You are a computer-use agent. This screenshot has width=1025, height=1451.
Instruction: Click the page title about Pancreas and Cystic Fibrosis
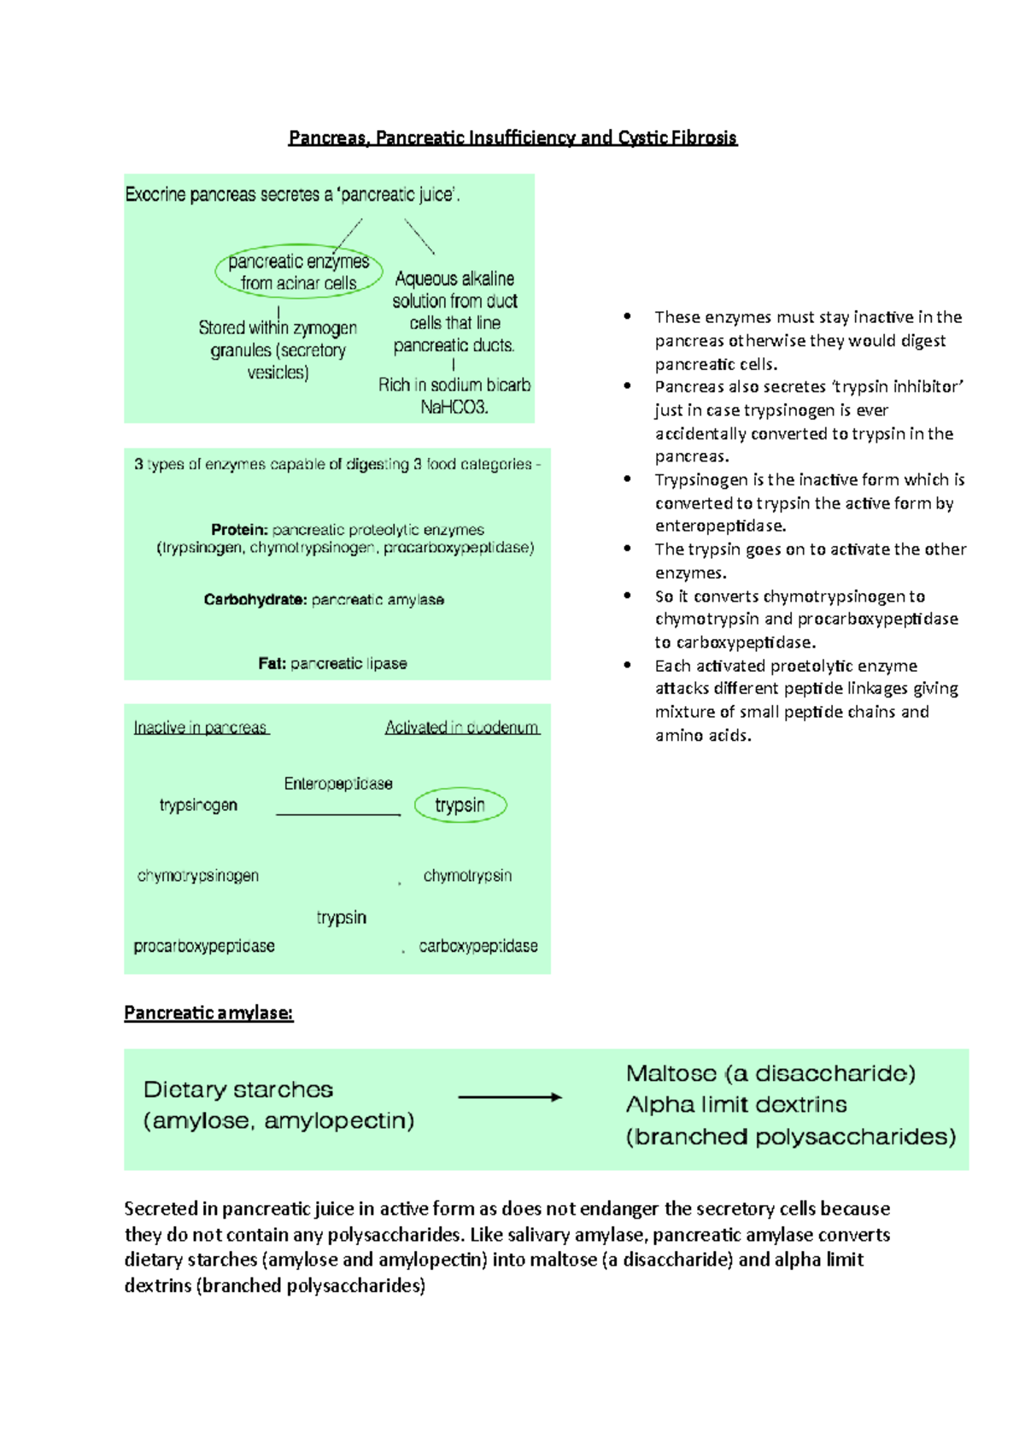pos(512,138)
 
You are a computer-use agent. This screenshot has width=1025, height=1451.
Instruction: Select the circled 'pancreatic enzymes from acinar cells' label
pos(298,272)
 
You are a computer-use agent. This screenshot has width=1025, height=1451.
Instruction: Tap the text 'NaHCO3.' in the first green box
pos(454,408)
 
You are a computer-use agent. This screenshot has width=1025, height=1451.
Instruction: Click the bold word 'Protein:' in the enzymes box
pos(239,530)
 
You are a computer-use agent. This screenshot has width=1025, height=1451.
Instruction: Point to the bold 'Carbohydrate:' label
pos(255,600)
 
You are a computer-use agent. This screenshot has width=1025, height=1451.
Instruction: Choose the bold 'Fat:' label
pos(272,663)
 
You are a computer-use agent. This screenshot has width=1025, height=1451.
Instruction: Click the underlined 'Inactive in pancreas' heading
pos(201,728)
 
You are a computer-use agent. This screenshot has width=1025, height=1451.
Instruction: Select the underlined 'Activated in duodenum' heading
pos(461,728)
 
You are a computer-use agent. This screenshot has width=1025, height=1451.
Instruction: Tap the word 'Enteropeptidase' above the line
pos(338,784)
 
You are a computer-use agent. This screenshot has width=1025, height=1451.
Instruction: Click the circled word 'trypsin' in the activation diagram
pos(460,805)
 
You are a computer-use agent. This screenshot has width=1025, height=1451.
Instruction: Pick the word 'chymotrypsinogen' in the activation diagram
pos(198,876)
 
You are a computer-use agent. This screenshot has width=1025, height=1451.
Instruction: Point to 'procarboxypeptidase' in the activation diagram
pos(204,946)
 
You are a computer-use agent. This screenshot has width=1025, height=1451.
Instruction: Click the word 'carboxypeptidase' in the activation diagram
pos(478,946)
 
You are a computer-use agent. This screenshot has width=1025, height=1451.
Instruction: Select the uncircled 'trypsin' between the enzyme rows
pos(341,918)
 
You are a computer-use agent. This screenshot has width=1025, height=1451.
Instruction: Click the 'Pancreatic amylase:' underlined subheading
pos(208,1013)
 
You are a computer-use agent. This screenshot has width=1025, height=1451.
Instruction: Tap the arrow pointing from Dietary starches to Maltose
pos(510,1097)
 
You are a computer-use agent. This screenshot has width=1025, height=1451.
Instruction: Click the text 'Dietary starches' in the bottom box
pos(238,1090)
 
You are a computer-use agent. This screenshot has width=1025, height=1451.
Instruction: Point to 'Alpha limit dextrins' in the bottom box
pos(736,1105)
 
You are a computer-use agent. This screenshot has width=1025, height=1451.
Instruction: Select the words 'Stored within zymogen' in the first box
pos(278,328)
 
